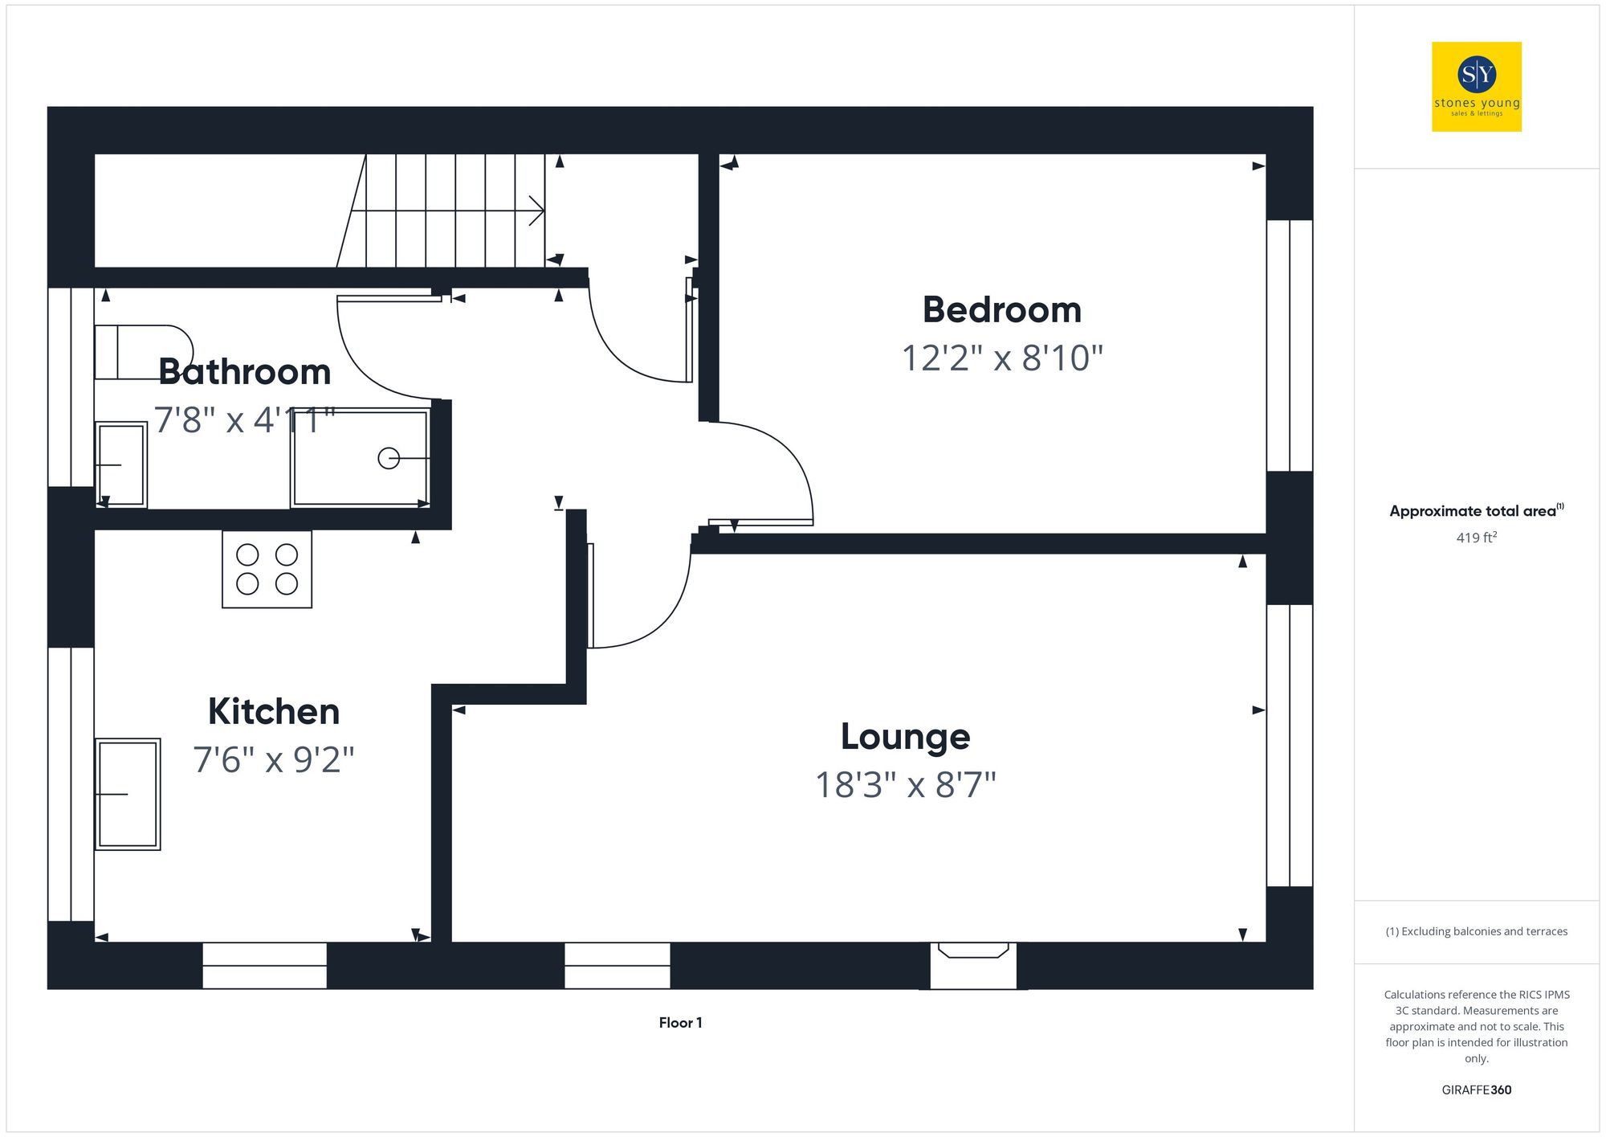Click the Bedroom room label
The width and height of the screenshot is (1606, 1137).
coord(1001,310)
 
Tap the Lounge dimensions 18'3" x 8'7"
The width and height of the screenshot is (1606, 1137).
coord(905,785)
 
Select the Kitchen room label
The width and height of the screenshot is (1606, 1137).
coord(273,712)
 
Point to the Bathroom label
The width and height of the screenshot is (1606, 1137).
coord(245,372)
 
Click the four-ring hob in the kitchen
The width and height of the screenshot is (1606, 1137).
coord(267,569)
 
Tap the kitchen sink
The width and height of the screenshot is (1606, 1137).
coord(127,794)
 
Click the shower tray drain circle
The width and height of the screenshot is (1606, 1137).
coord(389,458)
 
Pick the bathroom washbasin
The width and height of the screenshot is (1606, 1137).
coord(121,464)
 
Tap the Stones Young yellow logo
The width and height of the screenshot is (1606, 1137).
coord(1476,87)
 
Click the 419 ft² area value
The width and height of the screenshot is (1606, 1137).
coord(1476,538)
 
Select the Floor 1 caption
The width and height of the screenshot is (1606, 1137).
coord(680,1023)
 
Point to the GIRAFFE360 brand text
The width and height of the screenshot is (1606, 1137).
coord(1476,1090)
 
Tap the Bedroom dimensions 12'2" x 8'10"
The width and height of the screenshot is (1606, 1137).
coord(1001,358)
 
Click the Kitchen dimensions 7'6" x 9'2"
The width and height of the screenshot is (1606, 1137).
coord(273,760)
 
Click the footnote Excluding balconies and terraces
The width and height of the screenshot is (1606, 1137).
coord(1476,931)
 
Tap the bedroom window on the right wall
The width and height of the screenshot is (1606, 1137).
coord(1290,346)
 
